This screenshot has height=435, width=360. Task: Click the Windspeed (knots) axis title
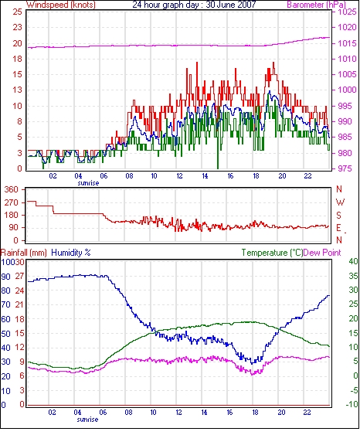61,5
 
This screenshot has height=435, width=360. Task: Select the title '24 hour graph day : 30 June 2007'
194,5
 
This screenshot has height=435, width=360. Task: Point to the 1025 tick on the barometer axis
347,12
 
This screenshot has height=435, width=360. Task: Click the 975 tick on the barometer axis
345,168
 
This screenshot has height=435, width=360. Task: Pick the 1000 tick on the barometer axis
347,90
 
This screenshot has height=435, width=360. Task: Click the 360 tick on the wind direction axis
12,190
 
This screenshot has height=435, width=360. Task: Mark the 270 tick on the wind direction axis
12,202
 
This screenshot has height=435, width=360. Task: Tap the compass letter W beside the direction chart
340,202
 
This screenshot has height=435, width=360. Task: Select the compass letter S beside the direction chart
338,215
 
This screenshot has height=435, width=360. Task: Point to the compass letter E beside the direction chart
338,228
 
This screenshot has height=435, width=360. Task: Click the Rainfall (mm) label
24,253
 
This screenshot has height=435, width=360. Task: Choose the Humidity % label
71,253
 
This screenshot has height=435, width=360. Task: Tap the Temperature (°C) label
272,253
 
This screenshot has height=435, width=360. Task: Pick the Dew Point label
322,253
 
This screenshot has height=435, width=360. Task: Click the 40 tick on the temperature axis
353,261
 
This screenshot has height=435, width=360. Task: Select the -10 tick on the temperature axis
352,405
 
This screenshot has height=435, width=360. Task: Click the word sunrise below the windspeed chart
88,183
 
